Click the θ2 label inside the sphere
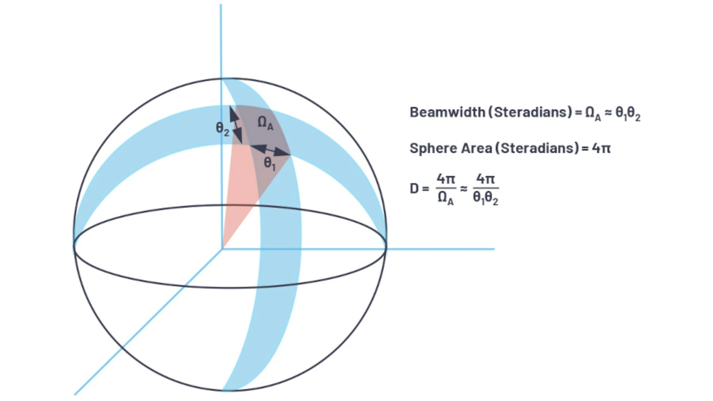(222, 128)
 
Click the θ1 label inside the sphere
(270, 163)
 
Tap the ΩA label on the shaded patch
(265, 124)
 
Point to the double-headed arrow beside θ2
(237, 125)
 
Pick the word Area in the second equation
(473, 148)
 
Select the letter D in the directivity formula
(414, 188)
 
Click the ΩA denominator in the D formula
(445, 198)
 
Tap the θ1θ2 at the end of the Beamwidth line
(626, 113)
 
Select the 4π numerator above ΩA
(445, 179)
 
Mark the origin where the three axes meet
(222, 249)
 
